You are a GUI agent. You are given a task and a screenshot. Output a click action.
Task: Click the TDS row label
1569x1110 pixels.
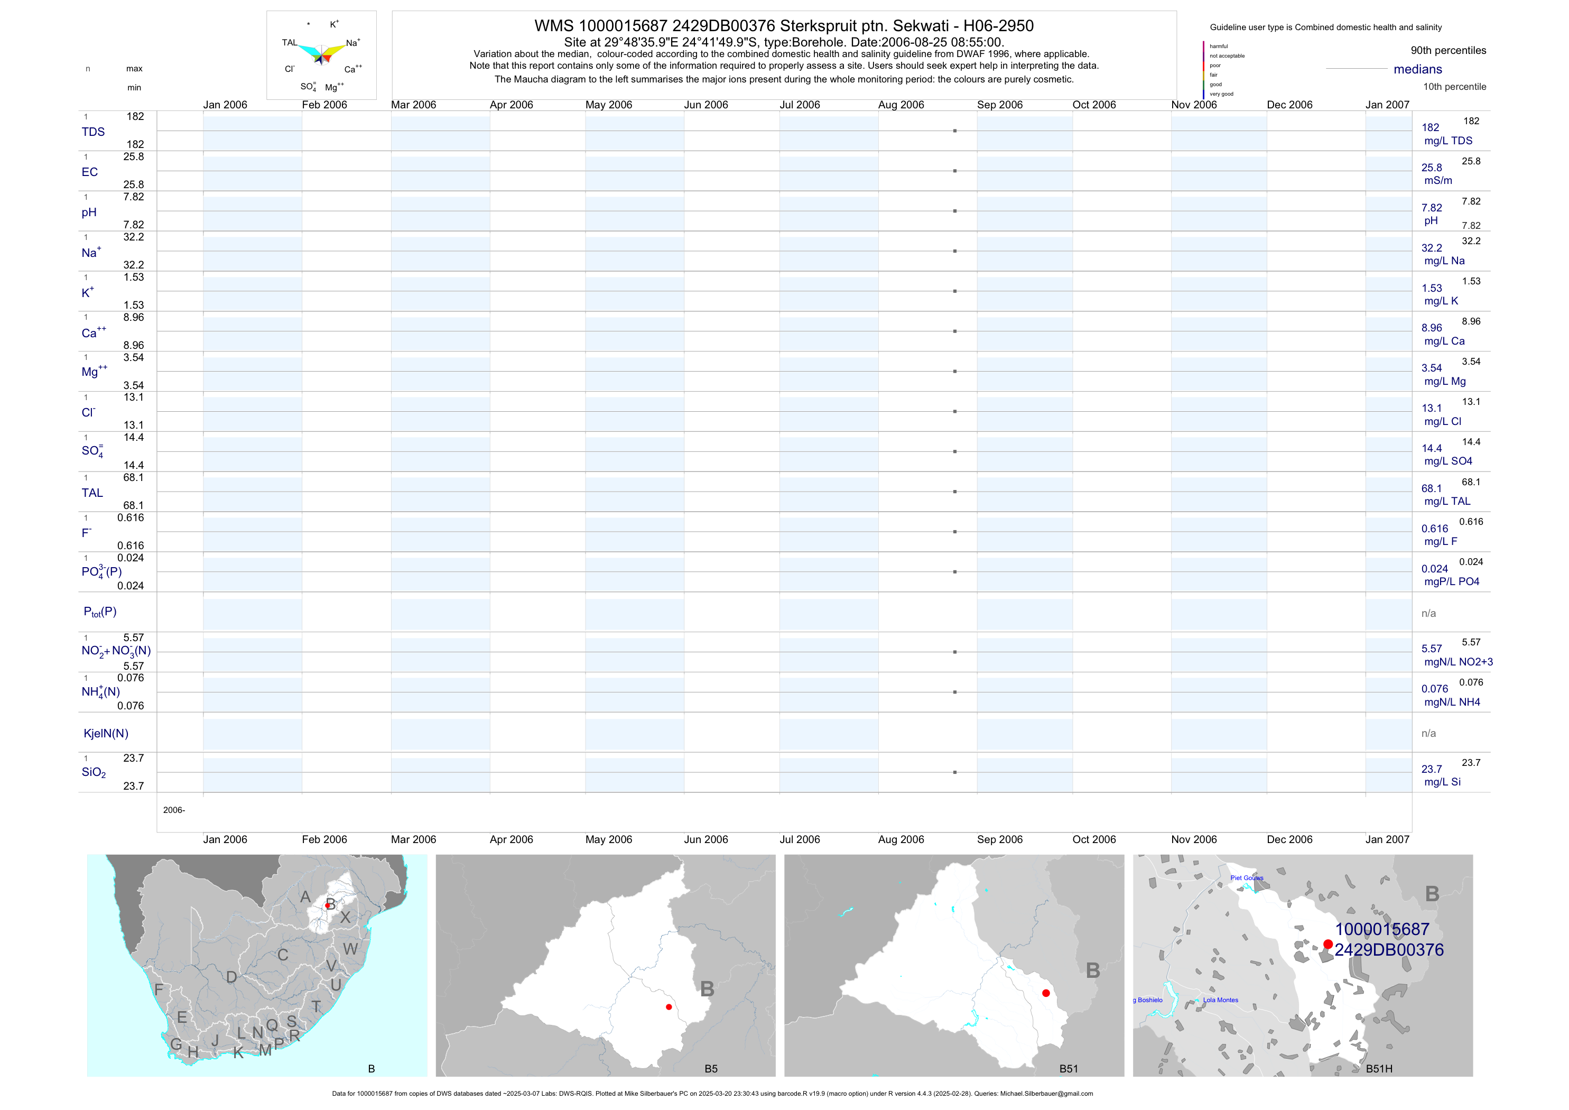93,132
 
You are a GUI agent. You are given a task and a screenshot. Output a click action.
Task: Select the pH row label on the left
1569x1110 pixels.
89,212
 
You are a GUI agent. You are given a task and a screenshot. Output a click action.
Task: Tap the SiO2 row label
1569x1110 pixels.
94,772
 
